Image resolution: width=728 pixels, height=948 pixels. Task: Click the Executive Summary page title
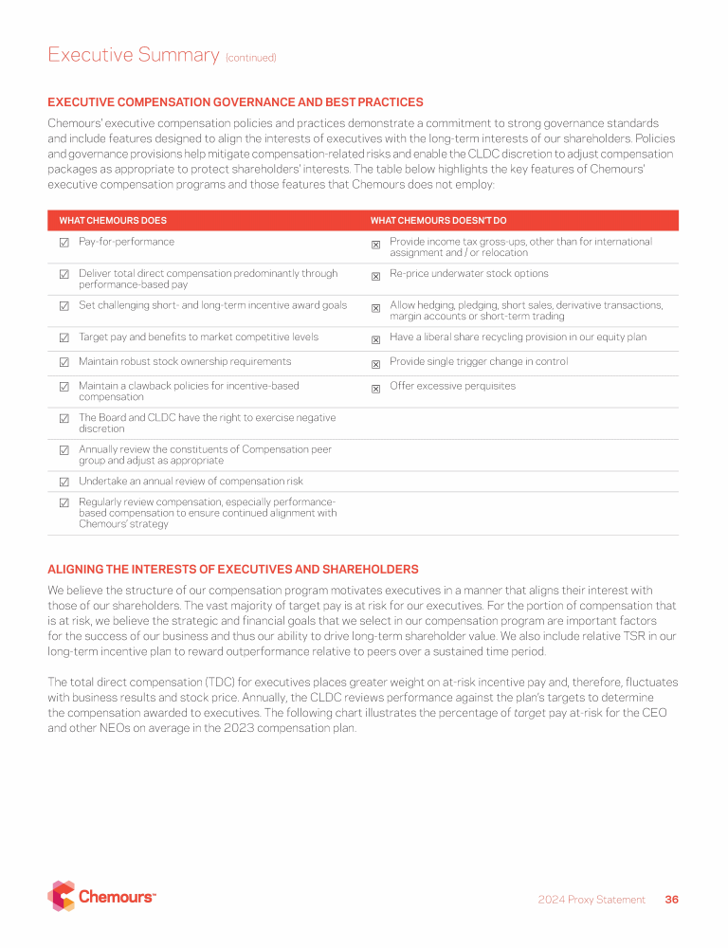134,55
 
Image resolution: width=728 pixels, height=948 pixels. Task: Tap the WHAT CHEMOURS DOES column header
113,220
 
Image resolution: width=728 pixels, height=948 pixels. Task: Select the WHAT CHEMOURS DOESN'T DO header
438,220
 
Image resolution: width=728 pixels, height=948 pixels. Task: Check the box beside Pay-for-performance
64,243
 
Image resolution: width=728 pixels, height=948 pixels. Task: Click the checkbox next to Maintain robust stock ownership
64,362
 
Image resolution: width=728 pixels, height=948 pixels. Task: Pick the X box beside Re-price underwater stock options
375,276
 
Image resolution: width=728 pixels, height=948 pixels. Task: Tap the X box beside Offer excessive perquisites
375,388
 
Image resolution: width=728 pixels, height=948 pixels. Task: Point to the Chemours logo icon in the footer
61,896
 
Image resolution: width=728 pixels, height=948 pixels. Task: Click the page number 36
672,900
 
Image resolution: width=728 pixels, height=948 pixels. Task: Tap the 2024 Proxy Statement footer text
591,900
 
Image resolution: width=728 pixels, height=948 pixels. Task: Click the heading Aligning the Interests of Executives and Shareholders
232,569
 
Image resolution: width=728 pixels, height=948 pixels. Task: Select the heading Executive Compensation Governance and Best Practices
235,102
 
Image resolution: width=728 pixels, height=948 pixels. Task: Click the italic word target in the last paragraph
529,728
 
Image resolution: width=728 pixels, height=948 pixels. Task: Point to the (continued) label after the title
250,58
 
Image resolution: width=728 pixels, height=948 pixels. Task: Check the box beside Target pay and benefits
64,337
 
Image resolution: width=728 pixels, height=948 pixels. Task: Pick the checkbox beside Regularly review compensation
64,503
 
